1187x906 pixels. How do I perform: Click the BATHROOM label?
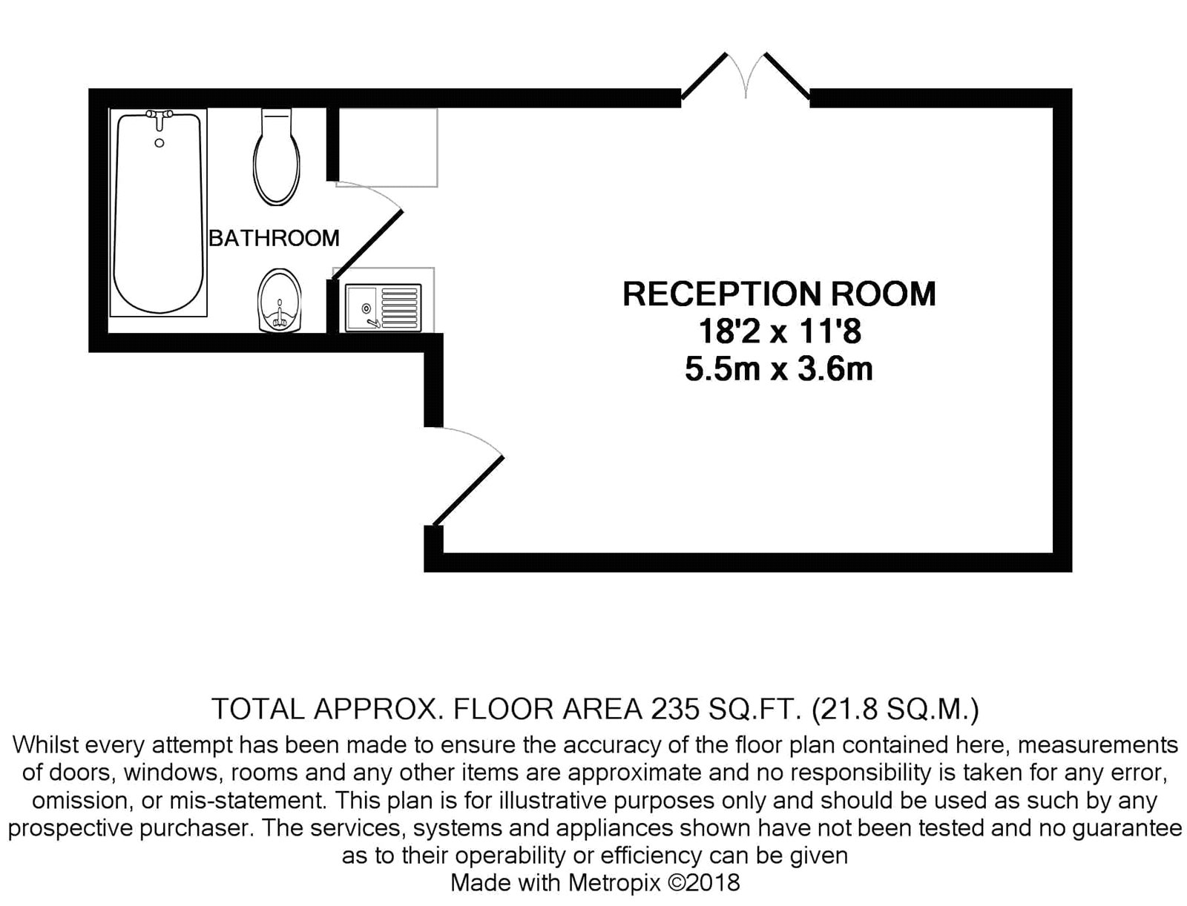(x=274, y=238)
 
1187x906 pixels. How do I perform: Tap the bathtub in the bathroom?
(x=159, y=212)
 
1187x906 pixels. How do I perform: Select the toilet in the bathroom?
(x=277, y=156)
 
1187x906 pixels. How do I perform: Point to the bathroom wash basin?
(x=279, y=300)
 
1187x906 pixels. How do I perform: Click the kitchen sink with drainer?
(x=384, y=308)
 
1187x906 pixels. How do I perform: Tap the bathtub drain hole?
(x=159, y=143)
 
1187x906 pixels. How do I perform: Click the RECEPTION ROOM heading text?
(x=779, y=294)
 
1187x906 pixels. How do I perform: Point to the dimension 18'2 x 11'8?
(x=779, y=331)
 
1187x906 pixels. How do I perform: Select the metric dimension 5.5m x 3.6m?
(x=779, y=370)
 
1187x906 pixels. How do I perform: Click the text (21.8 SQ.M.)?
(x=895, y=710)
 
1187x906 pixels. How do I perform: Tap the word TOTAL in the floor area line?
(x=258, y=710)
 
